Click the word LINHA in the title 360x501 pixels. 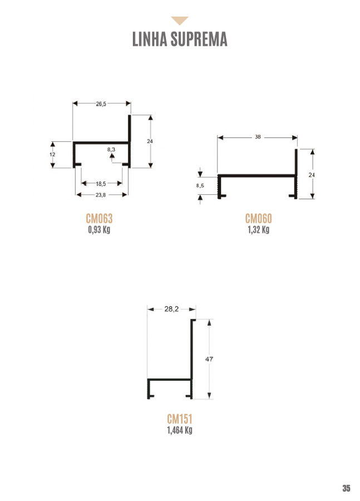150,39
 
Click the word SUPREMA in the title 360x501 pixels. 199,39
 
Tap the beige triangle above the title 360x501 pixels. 180,21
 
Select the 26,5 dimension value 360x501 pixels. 101,104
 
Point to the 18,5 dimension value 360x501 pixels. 101,184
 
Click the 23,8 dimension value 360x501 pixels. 101,195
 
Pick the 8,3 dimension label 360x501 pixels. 111,150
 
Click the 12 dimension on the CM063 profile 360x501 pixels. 52,154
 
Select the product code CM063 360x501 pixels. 100,219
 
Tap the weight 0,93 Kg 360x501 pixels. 99,229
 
